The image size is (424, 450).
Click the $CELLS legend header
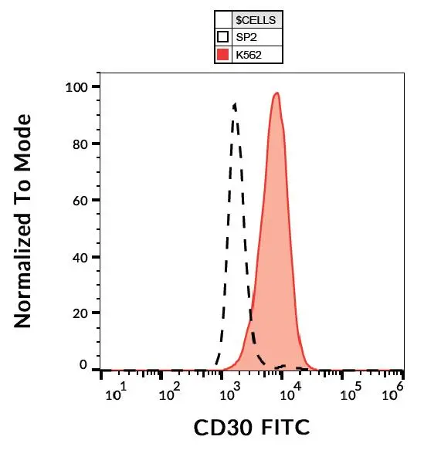[259, 19]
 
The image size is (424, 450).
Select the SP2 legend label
[249, 36]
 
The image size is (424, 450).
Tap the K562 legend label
[251, 54]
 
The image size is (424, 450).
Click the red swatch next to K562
[223, 54]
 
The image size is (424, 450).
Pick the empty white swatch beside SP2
[223, 36]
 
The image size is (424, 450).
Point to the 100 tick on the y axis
[77, 86]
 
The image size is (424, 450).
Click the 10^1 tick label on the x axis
[116, 393]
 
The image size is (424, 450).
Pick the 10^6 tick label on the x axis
[394, 393]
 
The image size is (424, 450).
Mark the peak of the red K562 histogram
[276, 93]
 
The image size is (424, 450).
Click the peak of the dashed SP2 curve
[234, 103]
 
